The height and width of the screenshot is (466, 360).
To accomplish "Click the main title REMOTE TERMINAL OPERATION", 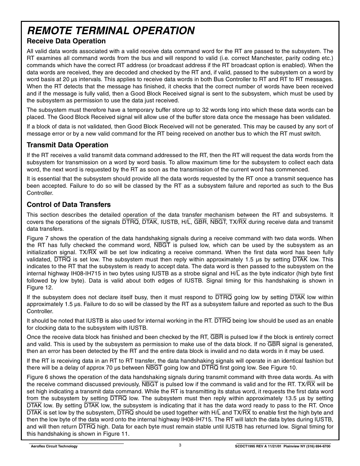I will coord(111,30).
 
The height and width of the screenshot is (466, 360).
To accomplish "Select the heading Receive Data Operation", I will coord(66,41).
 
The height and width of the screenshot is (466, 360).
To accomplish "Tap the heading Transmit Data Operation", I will coord(67,145).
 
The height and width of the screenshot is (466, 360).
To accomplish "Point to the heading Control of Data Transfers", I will coord(69,205).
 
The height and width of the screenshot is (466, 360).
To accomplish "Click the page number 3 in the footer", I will coord(180,445).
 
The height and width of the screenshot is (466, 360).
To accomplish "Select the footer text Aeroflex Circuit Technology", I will coord(54,446).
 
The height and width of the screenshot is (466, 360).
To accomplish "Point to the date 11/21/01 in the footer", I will coord(275,446).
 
